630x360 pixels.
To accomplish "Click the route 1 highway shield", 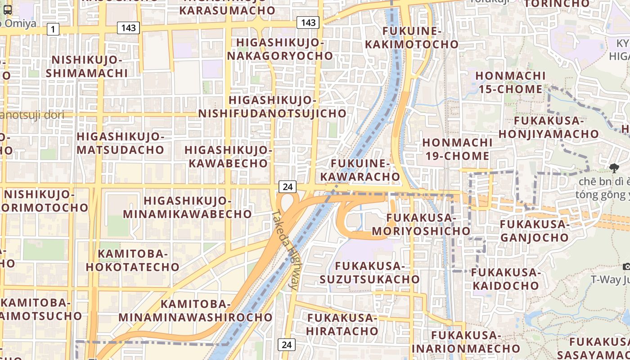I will (x=53, y=30).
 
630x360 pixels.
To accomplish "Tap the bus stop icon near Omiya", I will (x=8, y=10).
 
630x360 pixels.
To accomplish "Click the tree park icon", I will (x=614, y=169).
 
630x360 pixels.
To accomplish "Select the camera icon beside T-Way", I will (x=626, y=267).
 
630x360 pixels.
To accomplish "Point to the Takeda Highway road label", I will (x=285, y=250).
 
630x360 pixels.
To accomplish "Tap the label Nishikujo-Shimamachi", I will (x=87, y=67).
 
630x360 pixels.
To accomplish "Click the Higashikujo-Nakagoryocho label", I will (x=280, y=49).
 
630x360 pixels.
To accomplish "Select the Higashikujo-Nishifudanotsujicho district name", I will (x=273, y=107).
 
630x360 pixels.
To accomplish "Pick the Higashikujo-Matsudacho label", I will (x=121, y=143).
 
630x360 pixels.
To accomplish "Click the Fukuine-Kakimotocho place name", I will (x=412, y=38).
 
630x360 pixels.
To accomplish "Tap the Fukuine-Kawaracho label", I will (x=365, y=170).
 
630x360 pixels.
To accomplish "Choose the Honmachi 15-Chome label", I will (x=510, y=82).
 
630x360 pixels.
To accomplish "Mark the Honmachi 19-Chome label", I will (x=456, y=149).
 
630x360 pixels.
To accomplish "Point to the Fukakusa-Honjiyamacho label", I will (x=549, y=127).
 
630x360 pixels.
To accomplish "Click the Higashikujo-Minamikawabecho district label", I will (x=187, y=207).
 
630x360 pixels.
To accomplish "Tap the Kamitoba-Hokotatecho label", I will (x=133, y=260).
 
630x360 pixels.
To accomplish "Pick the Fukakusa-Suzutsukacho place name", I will (x=369, y=273).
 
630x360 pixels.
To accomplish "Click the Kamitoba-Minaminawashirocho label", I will (x=195, y=310).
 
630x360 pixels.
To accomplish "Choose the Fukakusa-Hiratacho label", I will (x=342, y=324).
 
